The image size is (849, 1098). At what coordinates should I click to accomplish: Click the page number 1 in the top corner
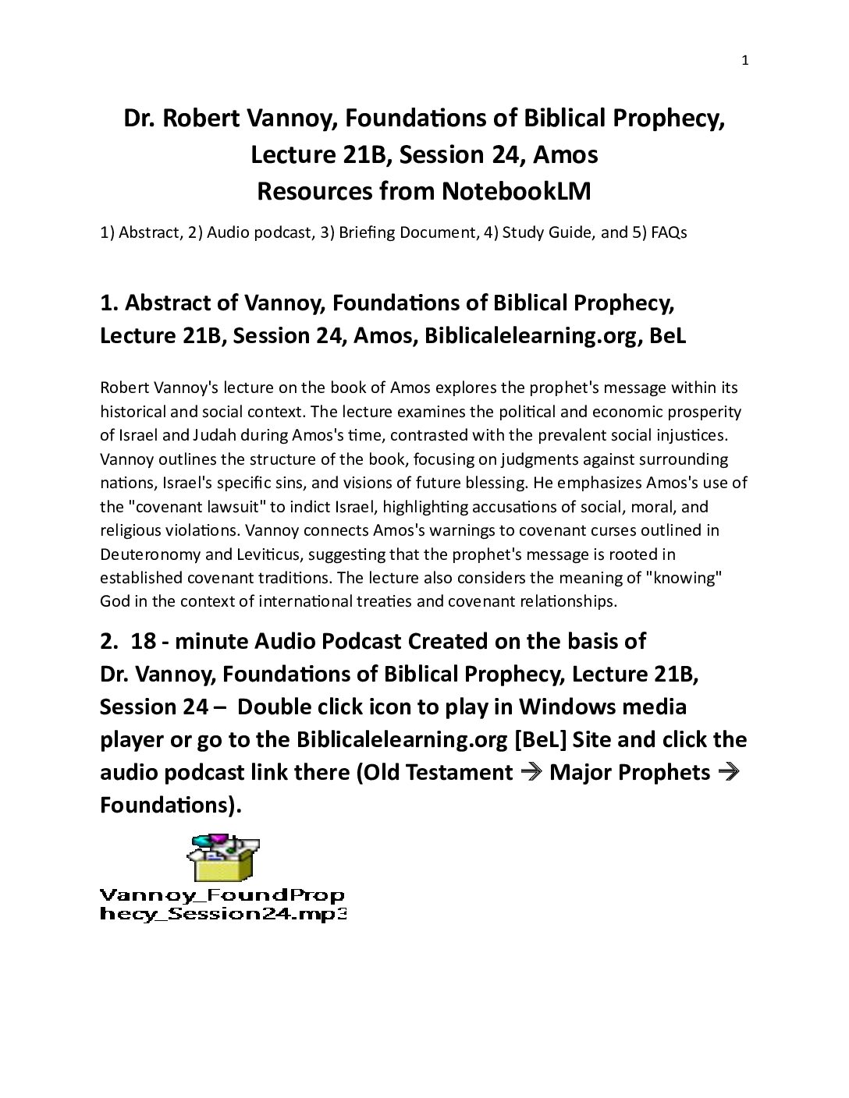click(x=744, y=60)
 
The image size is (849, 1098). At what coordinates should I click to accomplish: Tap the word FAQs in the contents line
click(x=669, y=232)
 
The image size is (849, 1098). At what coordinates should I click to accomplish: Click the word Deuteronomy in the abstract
click(x=144, y=554)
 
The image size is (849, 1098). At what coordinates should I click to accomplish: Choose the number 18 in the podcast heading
click(x=144, y=641)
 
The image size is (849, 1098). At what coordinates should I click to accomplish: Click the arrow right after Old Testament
click(x=531, y=772)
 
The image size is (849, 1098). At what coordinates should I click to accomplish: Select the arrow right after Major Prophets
click(x=729, y=772)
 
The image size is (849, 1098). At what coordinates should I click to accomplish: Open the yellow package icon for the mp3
click(x=223, y=858)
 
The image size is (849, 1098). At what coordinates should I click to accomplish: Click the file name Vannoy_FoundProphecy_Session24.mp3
click(x=222, y=905)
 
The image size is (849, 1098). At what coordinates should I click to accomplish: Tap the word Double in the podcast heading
click(x=272, y=707)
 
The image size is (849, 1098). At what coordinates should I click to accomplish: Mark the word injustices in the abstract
click(x=685, y=435)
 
